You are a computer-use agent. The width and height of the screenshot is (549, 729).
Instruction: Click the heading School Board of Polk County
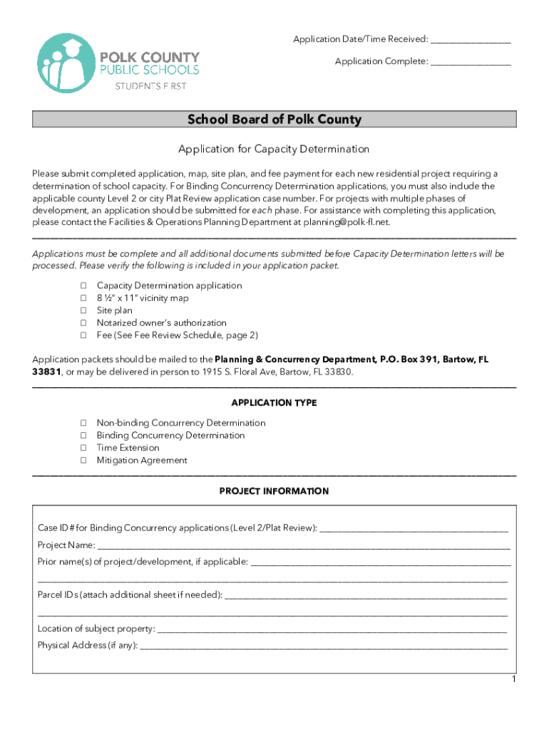(x=274, y=120)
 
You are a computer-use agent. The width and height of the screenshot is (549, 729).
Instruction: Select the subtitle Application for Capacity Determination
(x=274, y=150)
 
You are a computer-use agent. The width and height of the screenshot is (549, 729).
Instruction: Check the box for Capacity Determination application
(x=83, y=286)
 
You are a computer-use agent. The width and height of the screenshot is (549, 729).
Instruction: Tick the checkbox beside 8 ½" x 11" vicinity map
(x=83, y=298)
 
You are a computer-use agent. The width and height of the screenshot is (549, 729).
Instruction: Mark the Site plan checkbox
(x=83, y=311)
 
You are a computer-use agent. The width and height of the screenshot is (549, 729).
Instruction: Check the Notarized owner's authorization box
(x=83, y=323)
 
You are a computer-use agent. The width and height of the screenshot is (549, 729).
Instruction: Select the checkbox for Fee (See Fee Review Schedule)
(x=83, y=335)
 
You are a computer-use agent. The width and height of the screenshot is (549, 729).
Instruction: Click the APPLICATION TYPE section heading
(x=274, y=403)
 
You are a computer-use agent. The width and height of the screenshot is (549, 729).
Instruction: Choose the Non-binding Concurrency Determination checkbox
(x=83, y=424)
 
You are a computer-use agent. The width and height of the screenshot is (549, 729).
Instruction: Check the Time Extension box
(x=83, y=449)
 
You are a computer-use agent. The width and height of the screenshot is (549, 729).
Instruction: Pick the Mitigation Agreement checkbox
(x=83, y=461)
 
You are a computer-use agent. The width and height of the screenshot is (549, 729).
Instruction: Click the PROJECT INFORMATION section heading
(x=274, y=491)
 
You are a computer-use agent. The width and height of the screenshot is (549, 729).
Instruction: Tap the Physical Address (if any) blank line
(x=324, y=646)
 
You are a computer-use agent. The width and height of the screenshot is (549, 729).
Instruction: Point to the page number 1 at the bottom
(x=513, y=681)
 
